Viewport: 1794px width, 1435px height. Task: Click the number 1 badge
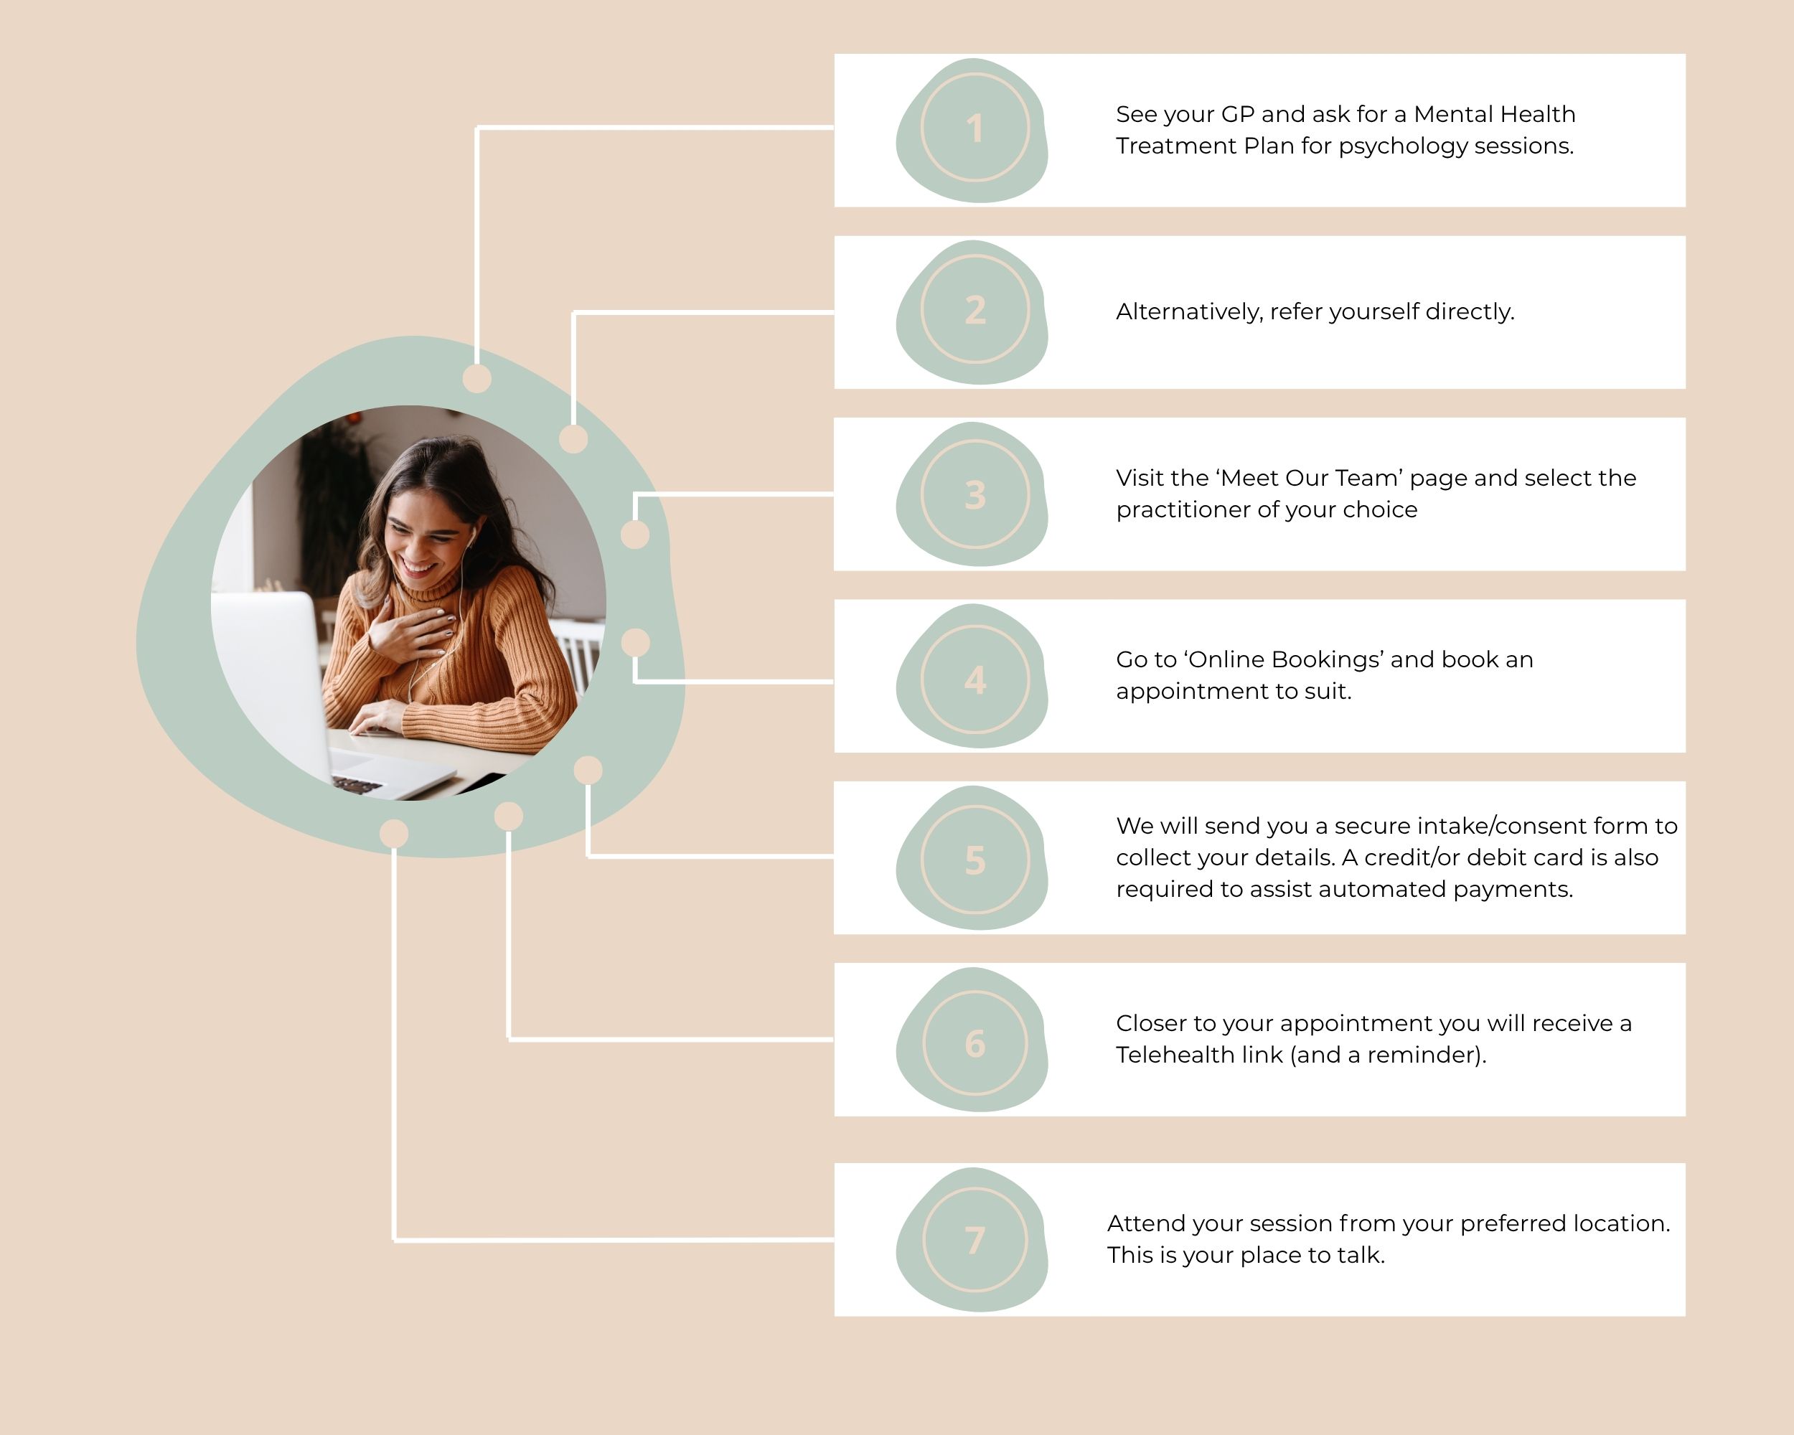975,128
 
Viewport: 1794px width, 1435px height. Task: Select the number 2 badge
975,310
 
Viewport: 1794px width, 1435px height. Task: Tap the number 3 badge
975,495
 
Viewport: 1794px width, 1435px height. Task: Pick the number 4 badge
975,679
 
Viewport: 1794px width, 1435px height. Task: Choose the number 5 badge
975,860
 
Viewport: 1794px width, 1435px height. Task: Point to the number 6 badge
975,1043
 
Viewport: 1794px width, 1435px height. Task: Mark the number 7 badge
975,1241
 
